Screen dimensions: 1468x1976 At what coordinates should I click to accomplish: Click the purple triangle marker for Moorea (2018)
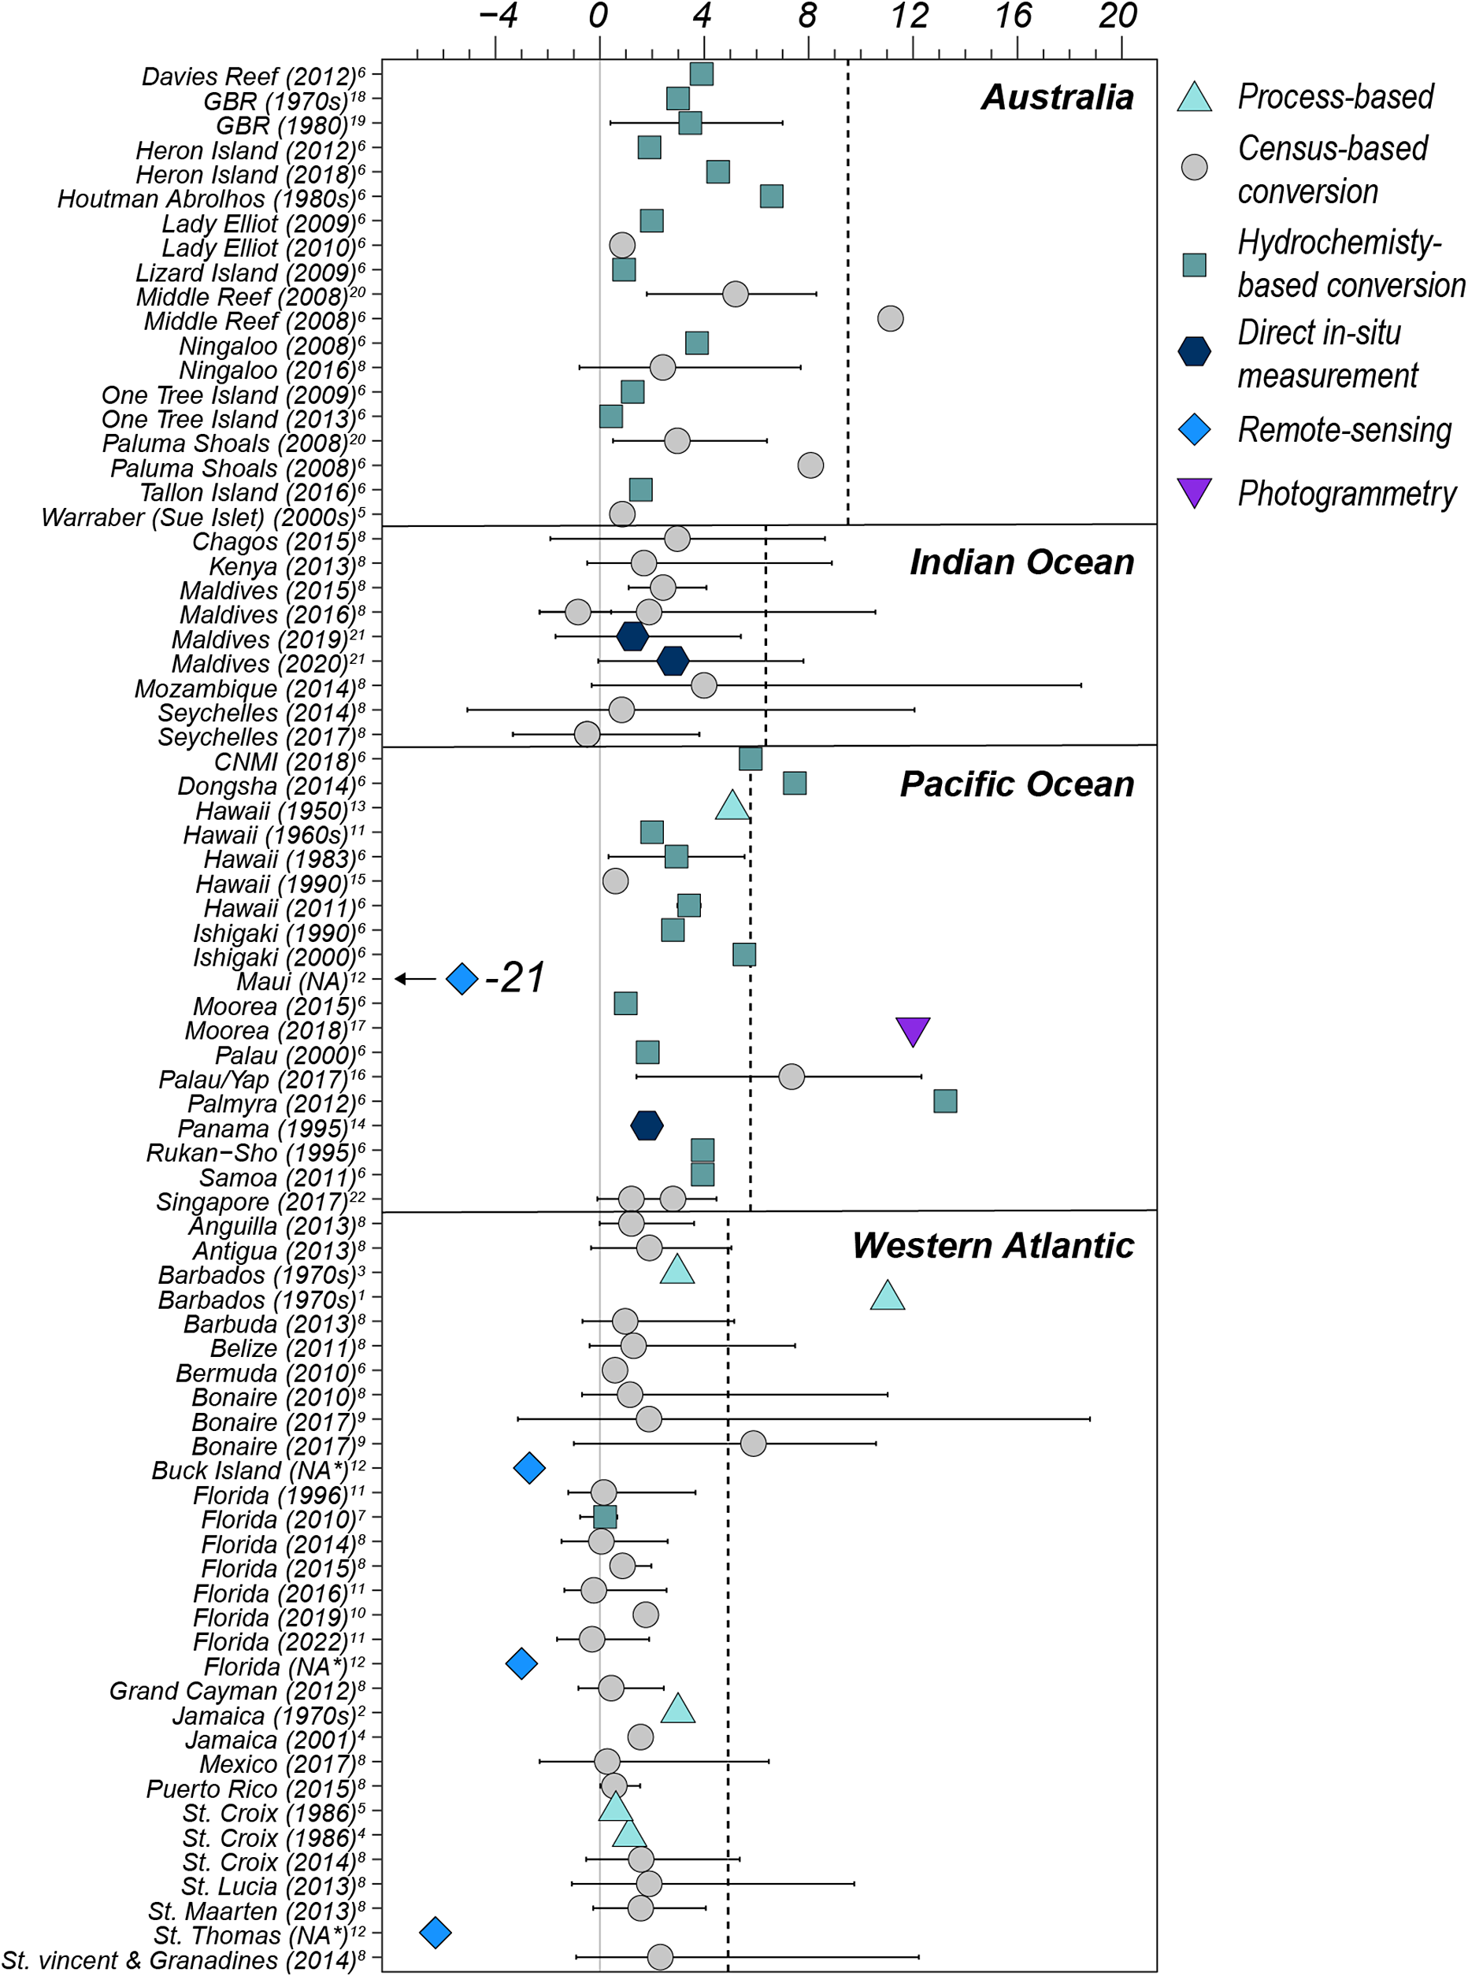pyautogui.click(x=913, y=1031)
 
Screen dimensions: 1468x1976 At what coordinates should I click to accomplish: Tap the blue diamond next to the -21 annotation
pyautogui.click(x=462, y=978)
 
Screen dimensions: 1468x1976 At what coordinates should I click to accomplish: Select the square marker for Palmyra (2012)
pyautogui.click(x=946, y=1101)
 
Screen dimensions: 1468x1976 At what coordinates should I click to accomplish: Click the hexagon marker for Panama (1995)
pyautogui.click(x=647, y=1125)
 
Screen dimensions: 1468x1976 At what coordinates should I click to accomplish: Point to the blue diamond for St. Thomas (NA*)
pyautogui.click(x=436, y=1932)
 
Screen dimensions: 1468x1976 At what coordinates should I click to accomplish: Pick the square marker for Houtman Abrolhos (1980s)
pyautogui.click(x=771, y=196)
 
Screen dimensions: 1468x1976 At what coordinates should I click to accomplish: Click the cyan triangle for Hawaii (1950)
pyautogui.click(x=732, y=806)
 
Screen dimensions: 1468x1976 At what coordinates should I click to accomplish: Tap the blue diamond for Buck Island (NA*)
pyautogui.click(x=529, y=1468)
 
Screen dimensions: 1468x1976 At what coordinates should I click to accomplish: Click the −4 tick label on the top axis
pyautogui.click(x=499, y=16)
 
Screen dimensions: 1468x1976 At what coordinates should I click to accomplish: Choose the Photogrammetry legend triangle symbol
pyautogui.click(x=1194, y=493)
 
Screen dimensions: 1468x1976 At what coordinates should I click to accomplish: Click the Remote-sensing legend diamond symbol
pyautogui.click(x=1194, y=430)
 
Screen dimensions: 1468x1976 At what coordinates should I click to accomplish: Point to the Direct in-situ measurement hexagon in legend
pyautogui.click(x=1194, y=351)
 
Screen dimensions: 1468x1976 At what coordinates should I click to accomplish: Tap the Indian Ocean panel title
pyautogui.click(x=1022, y=562)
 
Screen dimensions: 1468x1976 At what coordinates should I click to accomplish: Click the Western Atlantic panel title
pyautogui.click(x=993, y=1246)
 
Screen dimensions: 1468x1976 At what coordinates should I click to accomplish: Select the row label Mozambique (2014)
pyautogui.click(x=250, y=688)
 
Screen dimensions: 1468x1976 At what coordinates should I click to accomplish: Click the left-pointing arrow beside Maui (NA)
pyautogui.click(x=416, y=978)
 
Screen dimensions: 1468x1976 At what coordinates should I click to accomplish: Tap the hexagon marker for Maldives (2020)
pyautogui.click(x=673, y=661)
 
